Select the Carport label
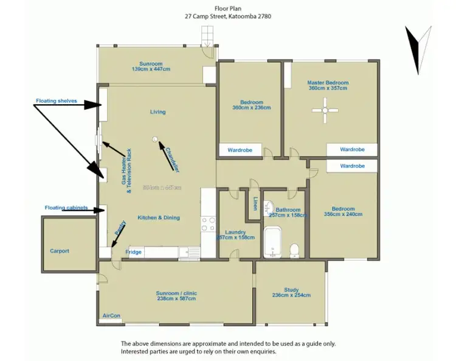coord(60,251)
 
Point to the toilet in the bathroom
coord(294,250)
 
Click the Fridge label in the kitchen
coord(134,252)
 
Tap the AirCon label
coord(111,316)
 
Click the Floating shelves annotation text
coord(55,100)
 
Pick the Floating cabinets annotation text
coord(66,208)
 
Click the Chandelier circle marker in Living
coord(154,139)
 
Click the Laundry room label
coord(235,232)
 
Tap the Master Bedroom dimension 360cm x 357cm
coord(328,89)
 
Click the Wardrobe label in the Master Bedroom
coord(352,149)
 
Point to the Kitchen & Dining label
coord(158,217)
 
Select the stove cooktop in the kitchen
coord(208,223)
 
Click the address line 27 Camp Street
coord(228,16)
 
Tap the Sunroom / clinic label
coord(176,293)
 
